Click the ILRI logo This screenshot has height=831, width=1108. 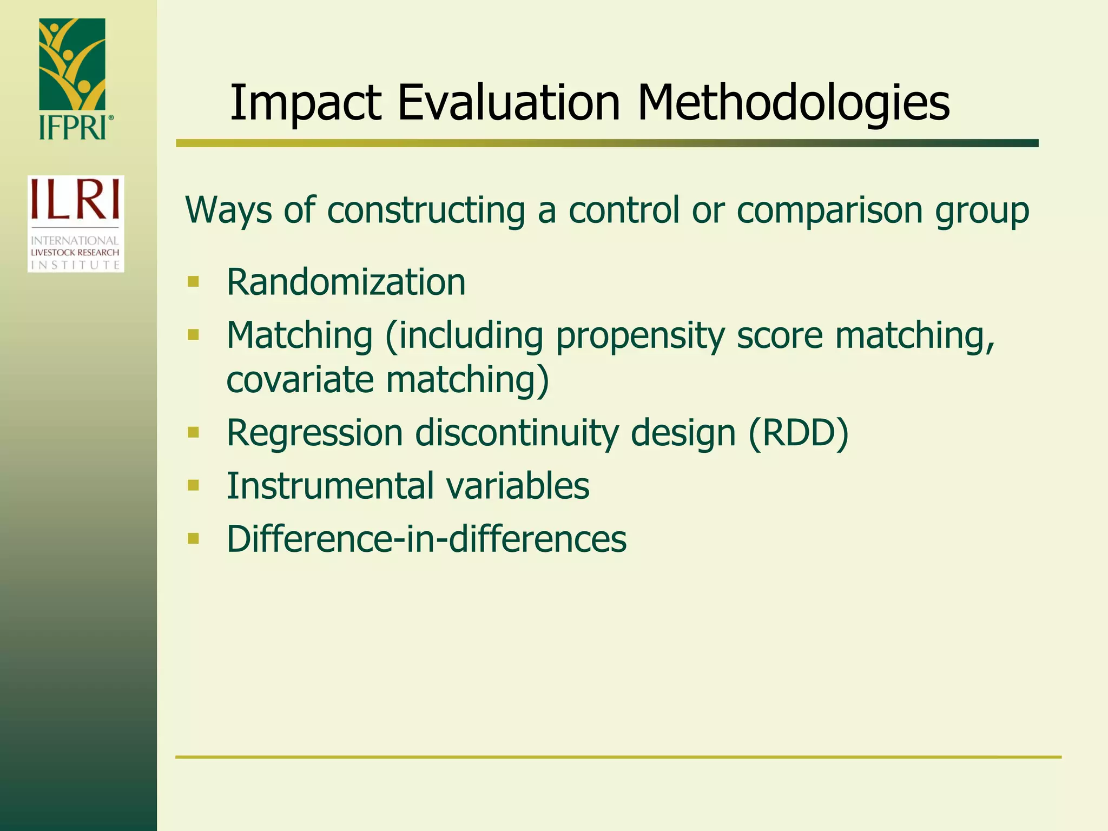pos(76,223)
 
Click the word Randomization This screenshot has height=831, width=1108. pos(346,282)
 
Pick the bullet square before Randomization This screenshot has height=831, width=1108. pos(193,282)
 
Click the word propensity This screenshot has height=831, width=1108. pos(640,337)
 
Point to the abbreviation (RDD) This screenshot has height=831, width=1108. pos(799,433)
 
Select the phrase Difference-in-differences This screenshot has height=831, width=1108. pos(426,539)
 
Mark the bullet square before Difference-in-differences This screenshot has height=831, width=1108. pos(193,538)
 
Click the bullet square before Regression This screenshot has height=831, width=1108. pos(193,432)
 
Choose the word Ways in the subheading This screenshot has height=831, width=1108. pos(228,210)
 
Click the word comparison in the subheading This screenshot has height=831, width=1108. pos(830,211)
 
